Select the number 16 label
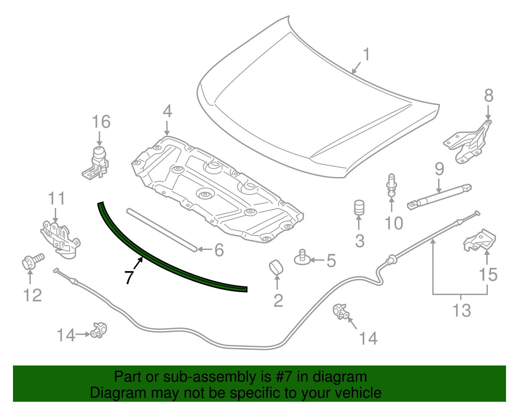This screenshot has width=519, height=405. click(101, 122)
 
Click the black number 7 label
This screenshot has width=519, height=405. click(129, 277)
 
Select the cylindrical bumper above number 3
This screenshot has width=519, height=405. click(359, 208)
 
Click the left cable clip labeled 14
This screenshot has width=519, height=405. click(99, 330)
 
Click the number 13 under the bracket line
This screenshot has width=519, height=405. click(461, 311)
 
